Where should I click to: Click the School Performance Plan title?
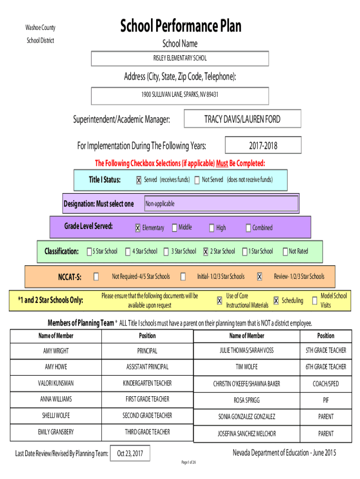pyautogui.click(x=180, y=26)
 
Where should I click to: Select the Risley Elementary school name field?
pyautogui.click(x=180, y=58)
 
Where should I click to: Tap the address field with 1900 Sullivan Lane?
pyautogui.click(x=180, y=94)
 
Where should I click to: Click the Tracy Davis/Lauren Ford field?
pyautogui.click(x=242, y=119)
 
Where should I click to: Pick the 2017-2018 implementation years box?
pyautogui.click(x=263, y=145)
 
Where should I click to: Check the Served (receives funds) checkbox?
pyautogui.click(x=138, y=180)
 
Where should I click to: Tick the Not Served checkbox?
pyautogui.click(x=197, y=180)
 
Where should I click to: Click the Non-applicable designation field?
pyautogui.click(x=221, y=204)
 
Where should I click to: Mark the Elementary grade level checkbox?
pyautogui.click(x=137, y=228)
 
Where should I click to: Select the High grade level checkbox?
pyautogui.click(x=211, y=228)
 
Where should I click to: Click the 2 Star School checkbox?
pyautogui.click(x=205, y=252)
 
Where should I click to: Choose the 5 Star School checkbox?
pyautogui.click(x=89, y=252)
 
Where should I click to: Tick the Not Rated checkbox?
pyautogui.click(x=285, y=252)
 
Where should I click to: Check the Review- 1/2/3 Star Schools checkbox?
pyautogui.click(x=259, y=276)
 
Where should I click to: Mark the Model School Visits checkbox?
pyautogui.click(x=314, y=301)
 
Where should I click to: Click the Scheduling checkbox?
pyautogui.click(x=276, y=301)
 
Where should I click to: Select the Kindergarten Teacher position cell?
pyautogui.click(x=147, y=383)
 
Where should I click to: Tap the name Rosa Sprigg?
pyautogui.click(x=246, y=400)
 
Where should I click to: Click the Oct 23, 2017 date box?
pyautogui.click(x=130, y=454)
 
